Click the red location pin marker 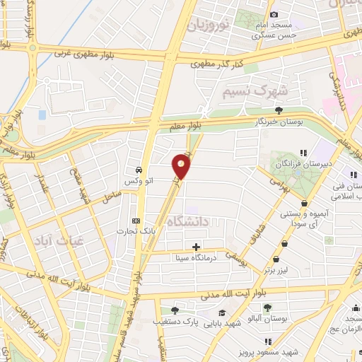181,167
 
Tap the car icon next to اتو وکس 139,170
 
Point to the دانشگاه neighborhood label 189,222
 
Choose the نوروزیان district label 210,27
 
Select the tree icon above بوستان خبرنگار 279,110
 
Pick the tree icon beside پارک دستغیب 175,310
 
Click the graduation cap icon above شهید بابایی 222,313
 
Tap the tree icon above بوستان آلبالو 267,307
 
